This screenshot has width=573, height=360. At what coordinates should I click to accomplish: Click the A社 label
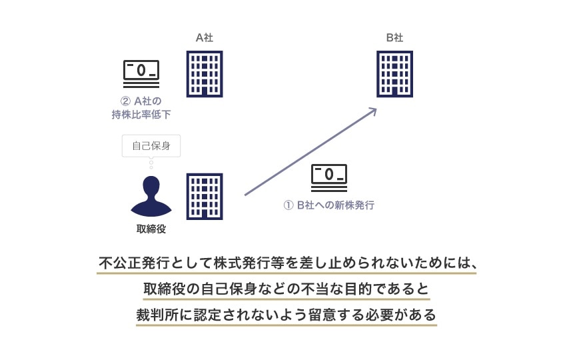(x=204, y=38)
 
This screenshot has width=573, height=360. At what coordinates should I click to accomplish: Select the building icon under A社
(x=204, y=73)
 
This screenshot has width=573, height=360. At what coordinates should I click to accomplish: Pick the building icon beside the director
(x=204, y=197)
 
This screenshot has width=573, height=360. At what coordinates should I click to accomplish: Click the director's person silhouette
(x=151, y=197)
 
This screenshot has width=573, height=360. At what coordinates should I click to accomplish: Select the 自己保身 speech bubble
(x=151, y=146)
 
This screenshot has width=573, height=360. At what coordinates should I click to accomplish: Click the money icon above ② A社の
(x=141, y=72)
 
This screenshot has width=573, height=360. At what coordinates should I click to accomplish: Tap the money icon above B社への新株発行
(x=329, y=177)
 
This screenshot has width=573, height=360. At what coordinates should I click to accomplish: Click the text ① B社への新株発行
(x=329, y=205)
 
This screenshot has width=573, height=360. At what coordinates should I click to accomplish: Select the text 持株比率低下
(x=141, y=115)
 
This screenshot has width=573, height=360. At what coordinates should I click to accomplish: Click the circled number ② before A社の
(x=124, y=101)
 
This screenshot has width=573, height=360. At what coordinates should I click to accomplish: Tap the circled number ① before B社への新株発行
(x=288, y=205)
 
